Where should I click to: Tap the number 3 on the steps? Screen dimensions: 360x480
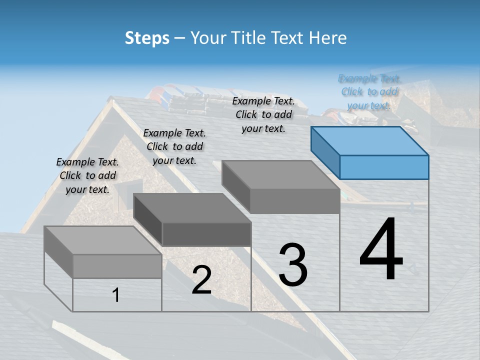click(x=293, y=265)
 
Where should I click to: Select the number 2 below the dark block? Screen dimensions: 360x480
click(x=201, y=280)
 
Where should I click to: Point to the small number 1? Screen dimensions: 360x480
click(x=116, y=295)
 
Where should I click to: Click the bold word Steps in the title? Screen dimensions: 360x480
click(x=147, y=38)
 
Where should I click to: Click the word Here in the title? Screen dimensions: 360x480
click(x=328, y=38)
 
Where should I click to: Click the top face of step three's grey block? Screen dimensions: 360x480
click(x=280, y=174)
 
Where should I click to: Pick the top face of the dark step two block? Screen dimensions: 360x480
click(x=192, y=207)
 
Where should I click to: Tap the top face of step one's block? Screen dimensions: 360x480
click(x=103, y=240)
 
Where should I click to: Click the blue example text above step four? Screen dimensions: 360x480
click(x=369, y=92)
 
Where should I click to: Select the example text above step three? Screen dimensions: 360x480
click(x=263, y=115)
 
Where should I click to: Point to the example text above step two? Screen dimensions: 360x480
click(x=174, y=146)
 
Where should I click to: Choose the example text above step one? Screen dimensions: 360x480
click(x=87, y=175)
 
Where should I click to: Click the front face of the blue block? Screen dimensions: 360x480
click(x=384, y=167)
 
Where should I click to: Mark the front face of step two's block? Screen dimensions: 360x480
click(x=206, y=234)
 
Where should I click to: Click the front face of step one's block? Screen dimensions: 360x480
click(x=117, y=266)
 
